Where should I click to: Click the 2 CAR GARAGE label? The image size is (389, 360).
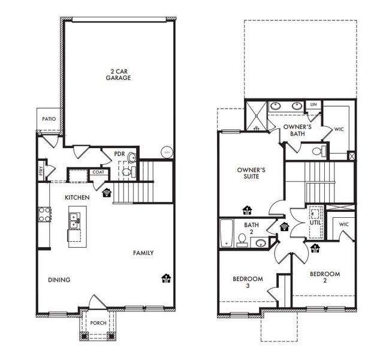click(x=118, y=74)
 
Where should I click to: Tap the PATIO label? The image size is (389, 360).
click(x=49, y=119)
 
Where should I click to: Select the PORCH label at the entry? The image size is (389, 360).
click(x=98, y=323)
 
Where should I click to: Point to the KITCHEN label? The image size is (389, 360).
click(x=78, y=197)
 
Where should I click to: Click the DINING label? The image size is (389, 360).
click(x=59, y=280)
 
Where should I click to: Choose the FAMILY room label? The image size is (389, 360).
click(x=143, y=253)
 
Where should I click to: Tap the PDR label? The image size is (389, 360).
click(x=119, y=154)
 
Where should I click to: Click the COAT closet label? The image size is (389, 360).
click(x=98, y=173)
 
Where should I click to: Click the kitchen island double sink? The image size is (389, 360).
click(x=75, y=221)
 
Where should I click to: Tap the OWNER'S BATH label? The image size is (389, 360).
click(x=297, y=130)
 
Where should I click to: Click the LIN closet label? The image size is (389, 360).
click(x=312, y=105)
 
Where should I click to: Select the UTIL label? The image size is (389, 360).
click(x=315, y=223)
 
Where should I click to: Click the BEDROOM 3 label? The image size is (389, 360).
click(x=248, y=282)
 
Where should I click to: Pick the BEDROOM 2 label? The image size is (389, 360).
click(x=325, y=278)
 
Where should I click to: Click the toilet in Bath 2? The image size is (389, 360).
click(x=242, y=240)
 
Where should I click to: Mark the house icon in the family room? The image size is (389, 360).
click(x=166, y=278)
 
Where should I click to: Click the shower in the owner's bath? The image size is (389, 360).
click(x=257, y=114)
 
